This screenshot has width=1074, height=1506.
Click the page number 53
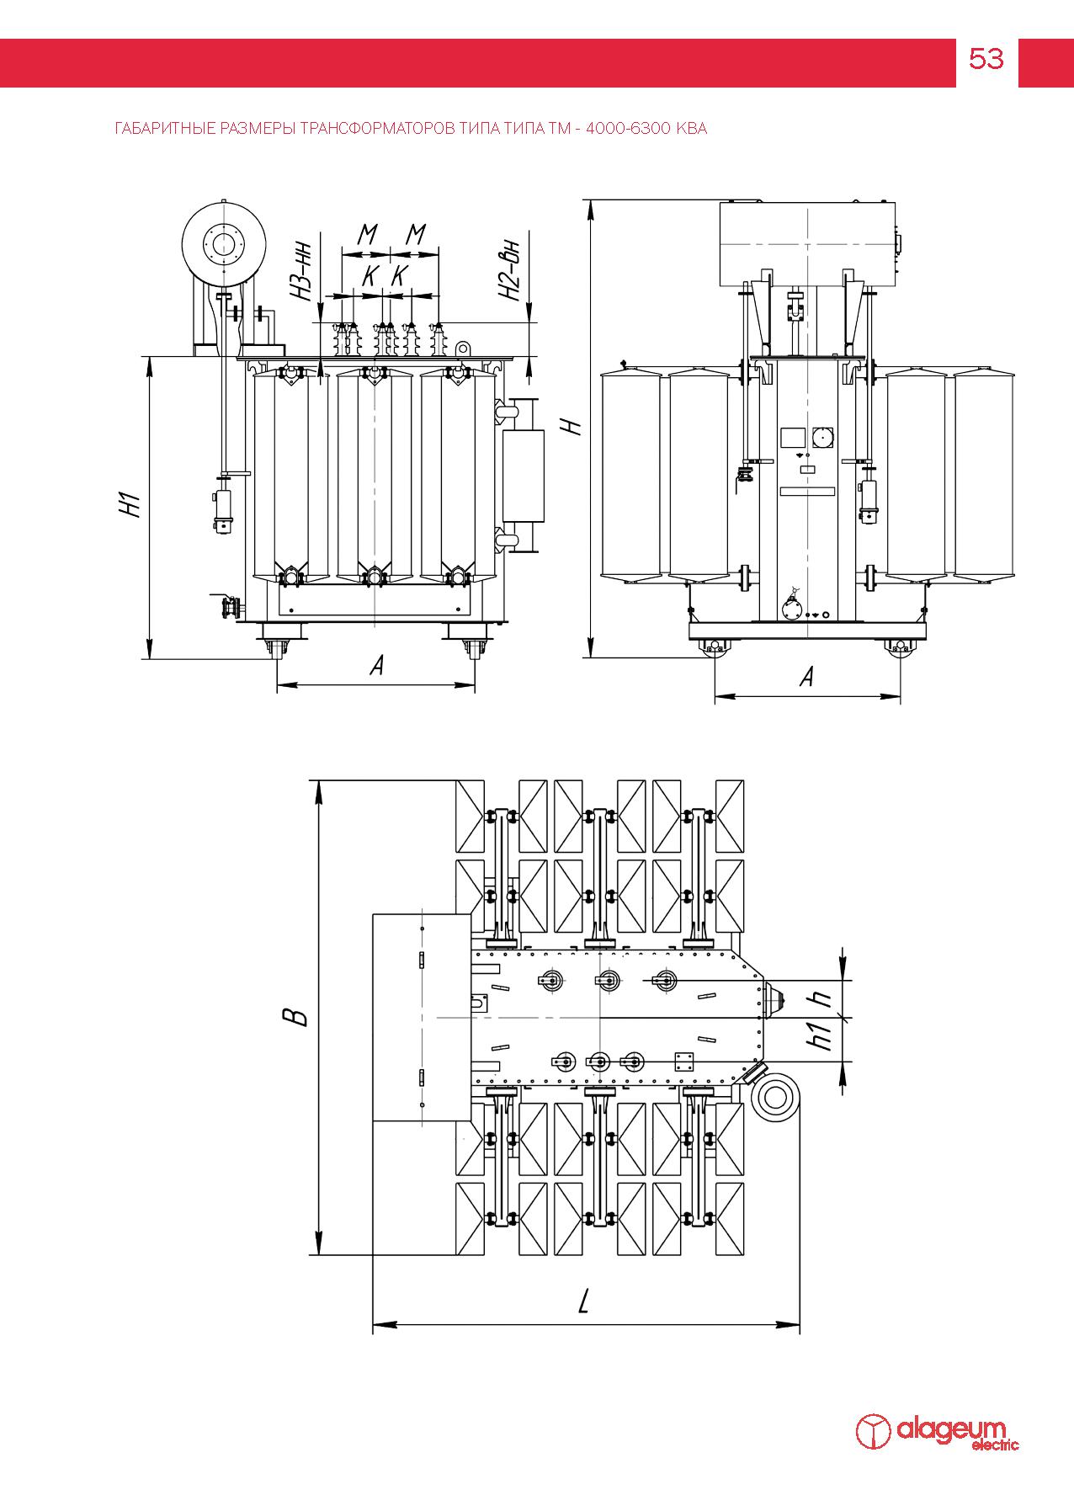coord(986,59)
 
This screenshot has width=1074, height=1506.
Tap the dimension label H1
coord(128,506)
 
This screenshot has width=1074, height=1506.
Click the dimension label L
coord(584,1303)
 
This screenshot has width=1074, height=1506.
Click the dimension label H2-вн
coord(508,271)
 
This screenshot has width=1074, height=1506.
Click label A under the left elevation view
coord(376,667)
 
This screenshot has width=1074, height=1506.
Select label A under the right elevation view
coord(806,677)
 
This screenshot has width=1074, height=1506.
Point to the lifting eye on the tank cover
coord(462,347)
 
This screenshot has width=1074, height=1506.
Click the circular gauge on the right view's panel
coord(821,437)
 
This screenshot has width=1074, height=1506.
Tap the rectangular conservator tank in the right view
coord(807,243)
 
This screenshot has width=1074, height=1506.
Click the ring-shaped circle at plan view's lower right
coord(773,1098)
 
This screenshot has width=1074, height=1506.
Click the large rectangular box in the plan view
coord(422,1017)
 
